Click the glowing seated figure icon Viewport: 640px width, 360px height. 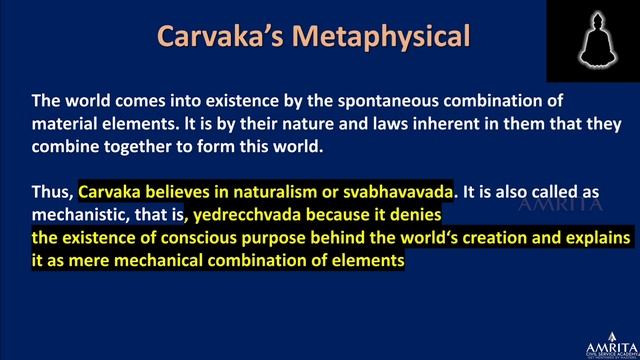pyautogui.click(x=593, y=39)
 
